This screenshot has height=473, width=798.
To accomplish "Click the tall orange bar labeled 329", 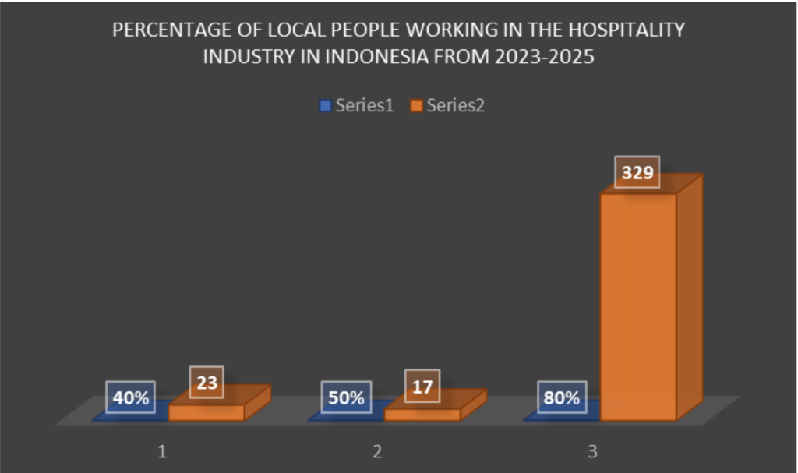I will [x=638, y=304].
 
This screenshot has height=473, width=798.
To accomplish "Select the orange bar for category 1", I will [x=207, y=412].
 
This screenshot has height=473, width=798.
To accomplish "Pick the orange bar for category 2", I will [x=422, y=414].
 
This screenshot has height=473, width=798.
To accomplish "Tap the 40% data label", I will [x=131, y=397].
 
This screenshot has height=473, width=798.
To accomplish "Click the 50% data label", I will [x=346, y=397].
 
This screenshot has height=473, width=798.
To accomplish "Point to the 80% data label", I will [x=562, y=397].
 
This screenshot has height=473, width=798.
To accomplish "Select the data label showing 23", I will [x=206, y=383].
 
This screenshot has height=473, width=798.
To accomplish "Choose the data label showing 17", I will [x=422, y=386].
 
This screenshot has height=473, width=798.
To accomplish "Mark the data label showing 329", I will [x=637, y=172].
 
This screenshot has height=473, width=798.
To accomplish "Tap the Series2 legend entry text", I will [x=455, y=106].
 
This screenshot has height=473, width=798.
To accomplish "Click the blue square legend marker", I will [x=326, y=106].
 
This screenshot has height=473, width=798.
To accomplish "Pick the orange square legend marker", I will [x=416, y=106].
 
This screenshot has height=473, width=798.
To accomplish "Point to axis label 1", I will [x=162, y=451].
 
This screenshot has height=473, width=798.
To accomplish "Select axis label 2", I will [x=377, y=451].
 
